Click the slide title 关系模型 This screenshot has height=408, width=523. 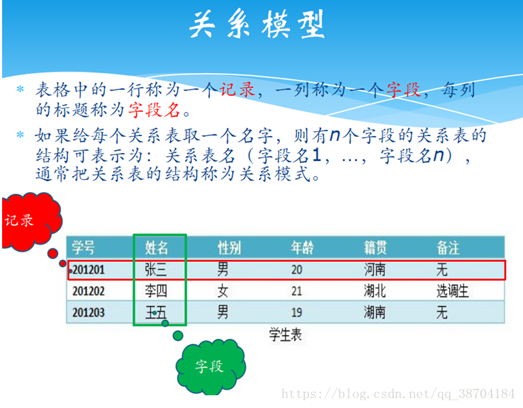click(x=257, y=24)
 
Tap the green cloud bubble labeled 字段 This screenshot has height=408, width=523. click(x=210, y=367)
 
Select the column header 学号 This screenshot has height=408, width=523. click(x=83, y=248)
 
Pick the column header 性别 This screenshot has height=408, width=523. click(x=229, y=248)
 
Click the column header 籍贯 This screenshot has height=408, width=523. click(x=375, y=248)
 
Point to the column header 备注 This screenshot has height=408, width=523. click(x=448, y=248)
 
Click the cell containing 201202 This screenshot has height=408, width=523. click(x=89, y=291)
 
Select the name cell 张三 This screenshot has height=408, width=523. click(x=156, y=269)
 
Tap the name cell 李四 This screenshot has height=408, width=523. click(x=156, y=291)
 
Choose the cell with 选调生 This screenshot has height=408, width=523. click(x=453, y=291)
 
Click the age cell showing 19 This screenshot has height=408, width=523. click(x=296, y=312)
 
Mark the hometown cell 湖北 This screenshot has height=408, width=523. click(x=375, y=291)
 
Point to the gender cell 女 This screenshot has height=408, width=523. click(x=223, y=291)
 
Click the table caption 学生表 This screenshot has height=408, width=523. click(x=286, y=334)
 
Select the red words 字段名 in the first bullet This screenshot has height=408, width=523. click(x=154, y=109)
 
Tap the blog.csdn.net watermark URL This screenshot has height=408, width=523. click(x=398, y=394)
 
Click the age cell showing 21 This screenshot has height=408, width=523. click(x=296, y=291)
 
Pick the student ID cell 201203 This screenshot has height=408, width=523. click(x=89, y=312)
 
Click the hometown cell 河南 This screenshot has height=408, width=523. click(x=375, y=269)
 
